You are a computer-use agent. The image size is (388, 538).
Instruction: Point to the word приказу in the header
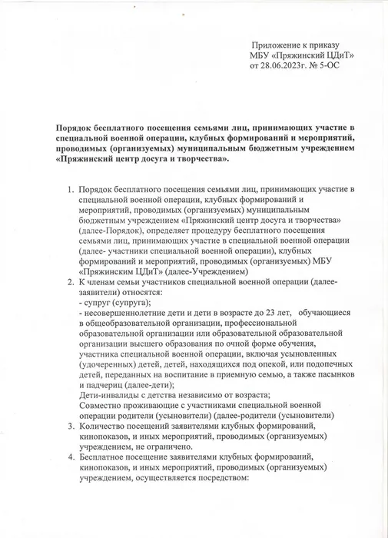[322, 45]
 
